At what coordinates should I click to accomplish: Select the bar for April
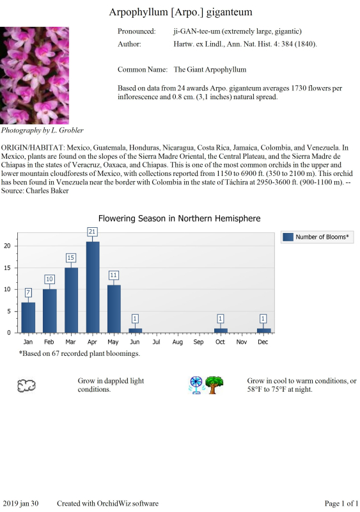coord(93,287)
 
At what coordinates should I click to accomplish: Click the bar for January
coord(28,317)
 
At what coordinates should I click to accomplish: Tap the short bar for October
coord(221,330)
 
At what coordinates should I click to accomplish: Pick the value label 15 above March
coord(70,258)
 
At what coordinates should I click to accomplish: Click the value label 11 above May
coord(113,275)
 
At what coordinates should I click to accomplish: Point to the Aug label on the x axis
coord(178,342)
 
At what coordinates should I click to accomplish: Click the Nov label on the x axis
coord(242,342)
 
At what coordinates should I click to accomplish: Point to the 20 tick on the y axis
coord(7,246)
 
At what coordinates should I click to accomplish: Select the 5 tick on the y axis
coord(9,311)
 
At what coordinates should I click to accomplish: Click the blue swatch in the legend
coord(288,237)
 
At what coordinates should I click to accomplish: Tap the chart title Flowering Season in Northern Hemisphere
coord(180,218)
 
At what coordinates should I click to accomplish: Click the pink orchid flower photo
coord(35,76)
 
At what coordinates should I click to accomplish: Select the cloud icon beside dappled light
coord(26,386)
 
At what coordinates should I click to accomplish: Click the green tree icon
coord(214,385)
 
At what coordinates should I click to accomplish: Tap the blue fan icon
coord(196,385)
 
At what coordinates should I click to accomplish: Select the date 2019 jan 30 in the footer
coord(20,504)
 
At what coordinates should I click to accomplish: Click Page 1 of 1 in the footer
coord(341,504)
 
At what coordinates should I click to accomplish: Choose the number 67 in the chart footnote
coord(56,353)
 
